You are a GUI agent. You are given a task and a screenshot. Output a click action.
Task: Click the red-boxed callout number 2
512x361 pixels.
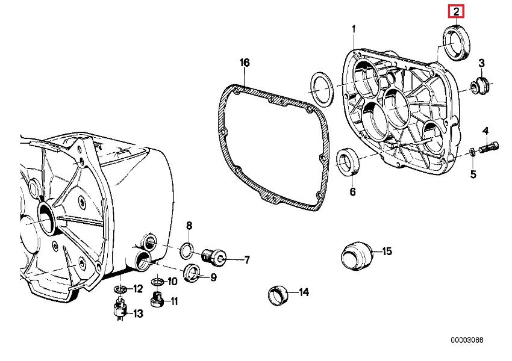[x=456, y=12]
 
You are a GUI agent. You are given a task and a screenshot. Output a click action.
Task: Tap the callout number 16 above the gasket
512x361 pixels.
[x=245, y=63]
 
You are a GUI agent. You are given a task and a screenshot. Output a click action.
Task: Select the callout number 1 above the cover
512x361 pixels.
[x=354, y=29]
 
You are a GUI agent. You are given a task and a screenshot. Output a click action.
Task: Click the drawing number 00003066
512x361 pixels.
[x=467, y=340]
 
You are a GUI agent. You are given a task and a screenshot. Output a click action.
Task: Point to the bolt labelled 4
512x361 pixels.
[x=489, y=148]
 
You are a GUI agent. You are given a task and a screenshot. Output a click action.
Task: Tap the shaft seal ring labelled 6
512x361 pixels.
[x=348, y=162]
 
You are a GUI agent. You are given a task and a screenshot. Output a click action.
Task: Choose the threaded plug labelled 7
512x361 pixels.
[x=214, y=256]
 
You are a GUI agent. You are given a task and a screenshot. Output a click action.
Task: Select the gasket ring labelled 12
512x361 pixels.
[x=120, y=289]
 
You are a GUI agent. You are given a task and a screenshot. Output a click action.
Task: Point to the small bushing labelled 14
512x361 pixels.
[x=278, y=295]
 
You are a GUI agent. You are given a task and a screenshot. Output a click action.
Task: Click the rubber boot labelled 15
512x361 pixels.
[x=357, y=256]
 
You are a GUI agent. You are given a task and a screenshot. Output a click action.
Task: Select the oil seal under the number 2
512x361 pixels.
[x=457, y=43]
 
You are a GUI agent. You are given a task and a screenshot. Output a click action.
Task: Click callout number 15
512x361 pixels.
[x=387, y=251]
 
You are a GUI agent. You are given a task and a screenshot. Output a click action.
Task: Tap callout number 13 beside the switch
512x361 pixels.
[x=138, y=313]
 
